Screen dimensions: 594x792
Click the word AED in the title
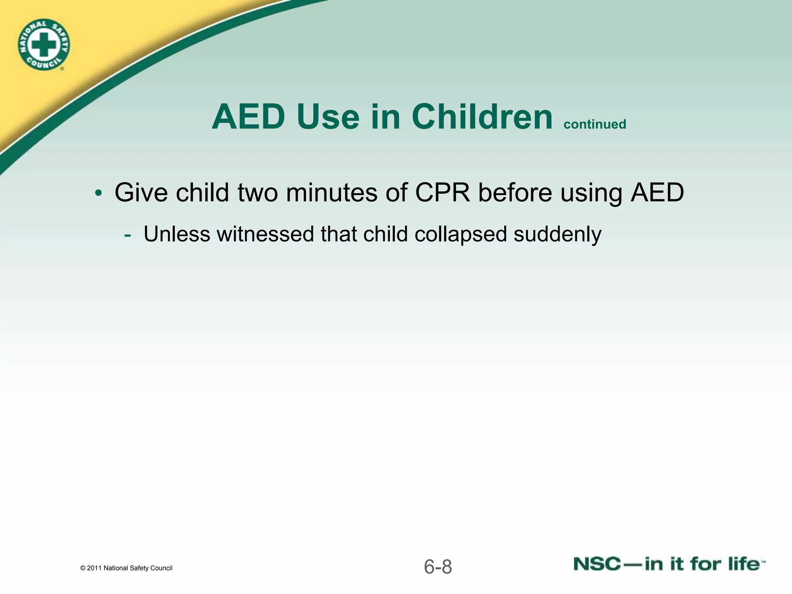248,117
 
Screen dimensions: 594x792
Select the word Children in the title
482,117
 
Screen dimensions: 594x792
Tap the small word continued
595,125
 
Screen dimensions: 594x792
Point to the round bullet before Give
99,193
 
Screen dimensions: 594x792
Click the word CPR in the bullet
442,192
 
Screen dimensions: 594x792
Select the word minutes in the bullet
331,192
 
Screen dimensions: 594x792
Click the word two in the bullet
258,192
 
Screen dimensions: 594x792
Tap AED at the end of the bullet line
657,192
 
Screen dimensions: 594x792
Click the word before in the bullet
515,192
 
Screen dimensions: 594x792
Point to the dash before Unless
127,235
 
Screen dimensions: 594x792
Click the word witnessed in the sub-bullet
265,234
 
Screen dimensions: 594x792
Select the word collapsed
460,234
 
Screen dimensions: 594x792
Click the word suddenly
557,234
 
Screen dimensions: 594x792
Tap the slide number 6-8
438,567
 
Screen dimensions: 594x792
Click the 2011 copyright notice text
126,568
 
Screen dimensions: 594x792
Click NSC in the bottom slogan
597,564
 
